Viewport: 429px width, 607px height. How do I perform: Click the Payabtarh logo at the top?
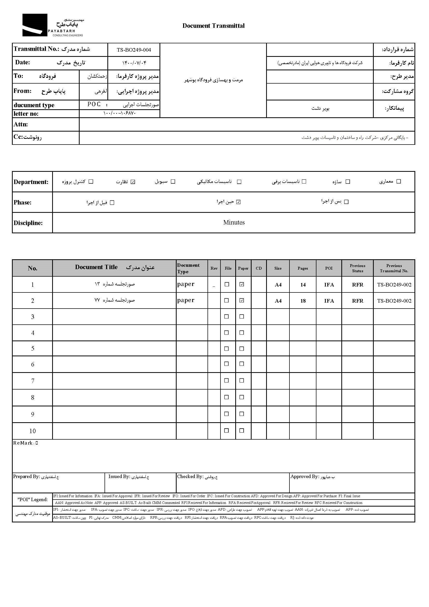(53, 25)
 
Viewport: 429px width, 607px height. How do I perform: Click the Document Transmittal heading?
(213, 26)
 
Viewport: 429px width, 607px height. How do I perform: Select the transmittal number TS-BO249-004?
(134, 50)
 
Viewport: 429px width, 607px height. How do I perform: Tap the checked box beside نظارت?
(133, 182)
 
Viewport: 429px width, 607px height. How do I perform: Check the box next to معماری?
(399, 181)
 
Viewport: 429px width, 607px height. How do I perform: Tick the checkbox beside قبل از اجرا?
(112, 203)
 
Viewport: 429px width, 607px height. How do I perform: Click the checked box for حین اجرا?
(238, 202)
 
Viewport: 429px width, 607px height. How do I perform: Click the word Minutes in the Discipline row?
(234, 223)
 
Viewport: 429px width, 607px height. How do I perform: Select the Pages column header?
(303, 268)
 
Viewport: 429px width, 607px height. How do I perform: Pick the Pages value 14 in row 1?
(303, 285)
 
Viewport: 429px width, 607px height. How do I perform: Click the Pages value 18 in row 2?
(303, 301)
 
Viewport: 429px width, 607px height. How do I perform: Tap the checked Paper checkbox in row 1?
(241, 284)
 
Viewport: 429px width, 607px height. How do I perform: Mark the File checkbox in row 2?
(226, 301)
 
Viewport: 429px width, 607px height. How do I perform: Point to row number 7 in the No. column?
(32, 381)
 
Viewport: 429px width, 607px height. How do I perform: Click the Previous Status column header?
(357, 268)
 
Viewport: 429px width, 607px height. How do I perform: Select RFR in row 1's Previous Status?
(357, 285)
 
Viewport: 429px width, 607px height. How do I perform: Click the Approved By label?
(305, 476)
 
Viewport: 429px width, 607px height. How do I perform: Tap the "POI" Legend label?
(33, 499)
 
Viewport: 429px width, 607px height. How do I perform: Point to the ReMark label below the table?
(24, 443)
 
